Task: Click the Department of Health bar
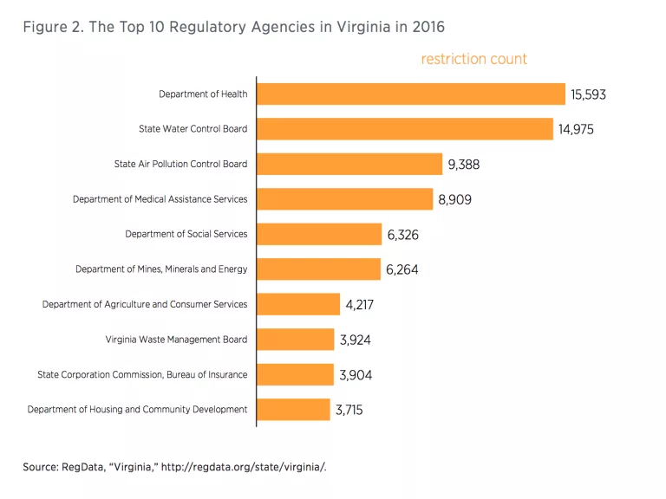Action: (x=411, y=94)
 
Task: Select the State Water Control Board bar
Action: (x=405, y=129)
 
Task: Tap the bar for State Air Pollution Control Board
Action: (x=349, y=164)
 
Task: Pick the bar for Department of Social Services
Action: (x=319, y=234)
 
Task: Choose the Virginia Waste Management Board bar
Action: (x=295, y=340)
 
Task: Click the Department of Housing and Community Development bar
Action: (x=293, y=409)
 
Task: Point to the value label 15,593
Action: (x=588, y=94)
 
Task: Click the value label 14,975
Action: (x=577, y=129)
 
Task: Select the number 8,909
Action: (x=455, y=199)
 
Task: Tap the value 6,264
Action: (x=402, y=269)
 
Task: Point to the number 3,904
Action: (x=356, y=375)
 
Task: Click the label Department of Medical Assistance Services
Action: (x=160, y=199)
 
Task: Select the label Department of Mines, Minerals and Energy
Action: (x=161, y=269)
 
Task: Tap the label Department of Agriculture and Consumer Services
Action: (x=145, y=304)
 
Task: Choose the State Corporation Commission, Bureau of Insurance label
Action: (x=142, y=374)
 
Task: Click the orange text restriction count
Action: (x=473, y=59)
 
